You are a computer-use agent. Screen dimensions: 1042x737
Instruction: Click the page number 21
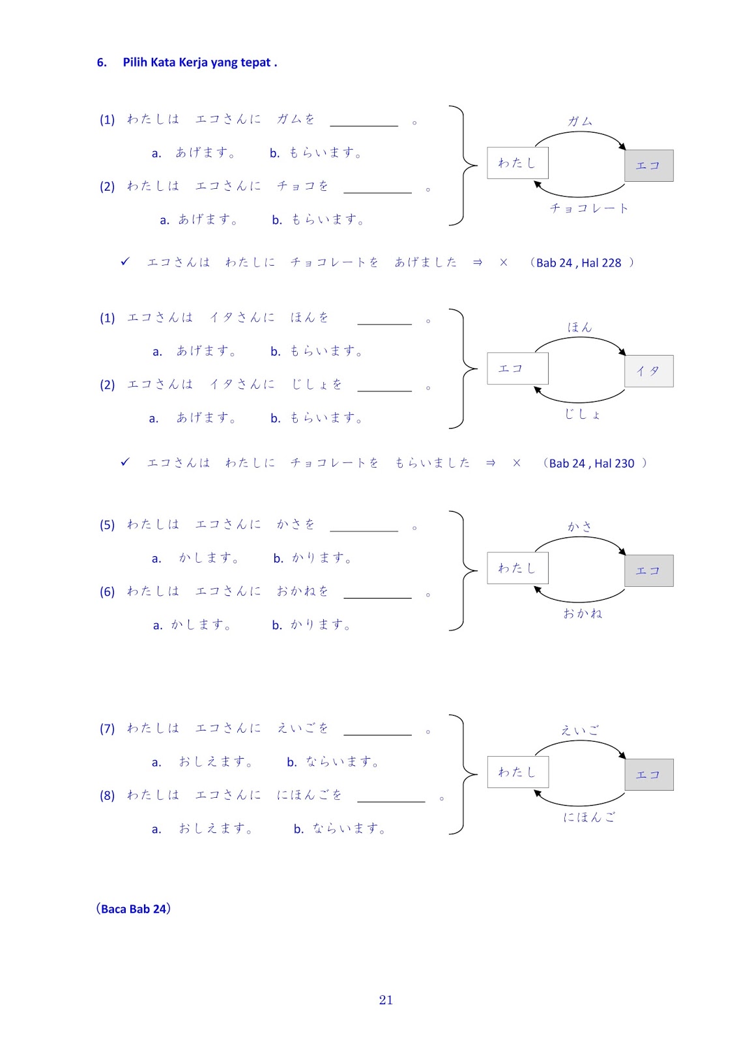click(x=386, y=1000)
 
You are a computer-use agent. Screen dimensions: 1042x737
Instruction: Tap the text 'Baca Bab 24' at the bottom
click(x=134, y=908)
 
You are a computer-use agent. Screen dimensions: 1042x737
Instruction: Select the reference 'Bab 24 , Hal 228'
click(x=579, y=263)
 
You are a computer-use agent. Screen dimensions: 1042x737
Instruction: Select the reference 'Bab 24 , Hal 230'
click(x=592, y=464)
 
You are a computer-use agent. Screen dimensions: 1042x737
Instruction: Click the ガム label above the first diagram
click(x=580, y=121)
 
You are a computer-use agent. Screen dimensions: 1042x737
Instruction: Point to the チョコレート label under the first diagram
click(x=589, y=208)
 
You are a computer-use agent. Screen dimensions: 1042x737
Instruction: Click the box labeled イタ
click(x=648, y=371)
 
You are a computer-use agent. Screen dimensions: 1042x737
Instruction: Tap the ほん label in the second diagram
click(x=579, y=327)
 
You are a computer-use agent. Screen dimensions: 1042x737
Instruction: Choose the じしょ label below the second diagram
click(x=583, y=414)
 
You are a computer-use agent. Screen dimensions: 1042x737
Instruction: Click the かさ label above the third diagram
click(x=579, y=526)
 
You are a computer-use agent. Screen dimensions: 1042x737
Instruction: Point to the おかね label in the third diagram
click(x=583, y=613)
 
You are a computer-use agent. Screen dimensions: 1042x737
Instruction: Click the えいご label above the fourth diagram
click(x=579, y=730)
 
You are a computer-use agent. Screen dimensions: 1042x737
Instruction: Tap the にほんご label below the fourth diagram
click(x=589, y=817)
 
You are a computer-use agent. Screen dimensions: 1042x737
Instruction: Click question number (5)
click(x=107, y=525)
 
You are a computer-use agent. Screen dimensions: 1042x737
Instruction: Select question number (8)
click(x=107, y=795)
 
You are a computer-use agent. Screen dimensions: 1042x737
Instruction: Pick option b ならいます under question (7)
click(x=342, y=761)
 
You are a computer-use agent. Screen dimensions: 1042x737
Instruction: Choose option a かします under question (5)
click(x=209, y=558)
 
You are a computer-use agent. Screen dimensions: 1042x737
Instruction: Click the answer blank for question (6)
click(x=377, y=593)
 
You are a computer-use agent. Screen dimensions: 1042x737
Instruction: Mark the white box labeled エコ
click(x=517, y=369)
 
